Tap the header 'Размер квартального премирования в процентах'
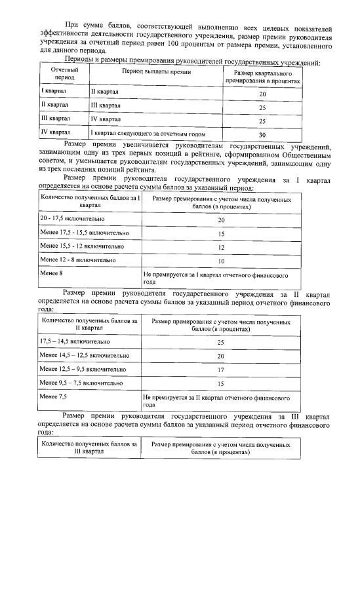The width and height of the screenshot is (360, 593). click(262, 75)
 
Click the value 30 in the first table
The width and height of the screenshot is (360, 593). click(262, 134)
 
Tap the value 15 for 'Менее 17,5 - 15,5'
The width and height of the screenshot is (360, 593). click(221, 233)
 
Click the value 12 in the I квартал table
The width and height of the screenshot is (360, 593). click(221, 248)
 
